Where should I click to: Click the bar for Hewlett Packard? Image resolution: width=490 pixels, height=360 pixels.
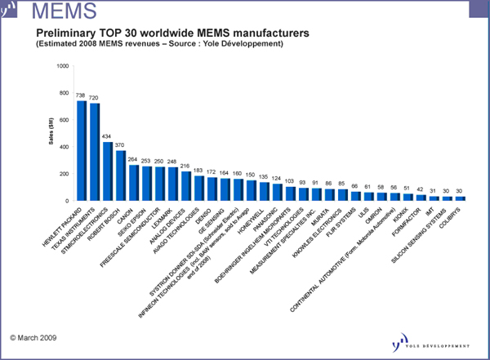(x=82, y=150)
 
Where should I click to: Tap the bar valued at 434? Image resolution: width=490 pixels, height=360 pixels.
(x=108, y=171)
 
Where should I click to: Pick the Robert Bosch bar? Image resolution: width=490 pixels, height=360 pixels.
(x=121, y=176)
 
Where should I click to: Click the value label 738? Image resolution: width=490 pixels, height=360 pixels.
(x=81, y=96)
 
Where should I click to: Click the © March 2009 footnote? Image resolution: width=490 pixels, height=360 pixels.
(x=33, y=335)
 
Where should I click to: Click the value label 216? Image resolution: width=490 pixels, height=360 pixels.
(x=185, y=166)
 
